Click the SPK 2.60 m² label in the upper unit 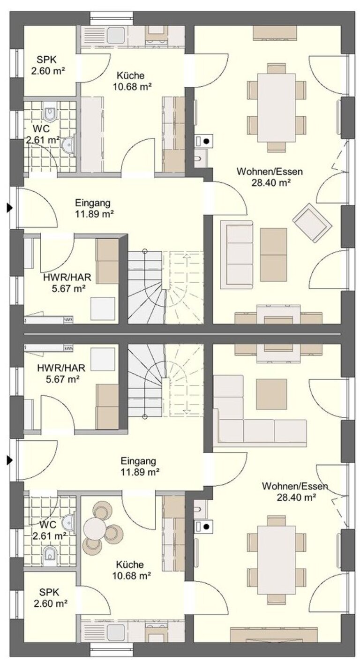[x=48, y=66]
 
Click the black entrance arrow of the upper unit [x=10, y=208]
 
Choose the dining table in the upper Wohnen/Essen [x=276, y=107]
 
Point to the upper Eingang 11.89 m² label [x=93, y=208]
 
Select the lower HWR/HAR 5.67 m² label [x=61, y=373]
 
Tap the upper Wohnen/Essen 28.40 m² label [x=270, y=177]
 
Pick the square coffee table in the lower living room [x=271, y=394]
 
